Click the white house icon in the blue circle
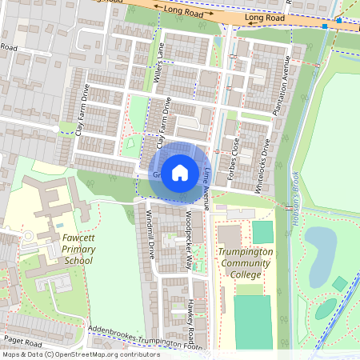pos(180,172)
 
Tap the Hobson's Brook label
pos(295,196)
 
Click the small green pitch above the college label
pos(262,233)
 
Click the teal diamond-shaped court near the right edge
pos(340,283)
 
